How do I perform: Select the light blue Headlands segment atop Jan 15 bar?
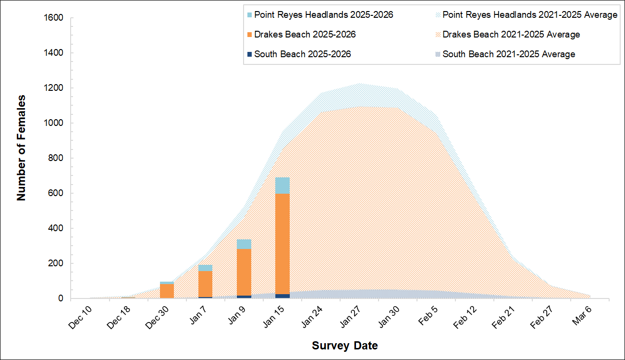tap(282, 186)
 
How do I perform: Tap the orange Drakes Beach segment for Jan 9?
tap(244, 272)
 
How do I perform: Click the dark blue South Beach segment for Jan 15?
tap(282, 296)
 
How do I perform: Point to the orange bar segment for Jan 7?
tap(205, 284)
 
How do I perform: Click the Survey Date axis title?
tap(344, 346)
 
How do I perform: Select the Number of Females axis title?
tap(21, 148)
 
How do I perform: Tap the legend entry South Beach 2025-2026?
tap(302, 54)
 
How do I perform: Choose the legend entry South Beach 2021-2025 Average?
tap(509, 54)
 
